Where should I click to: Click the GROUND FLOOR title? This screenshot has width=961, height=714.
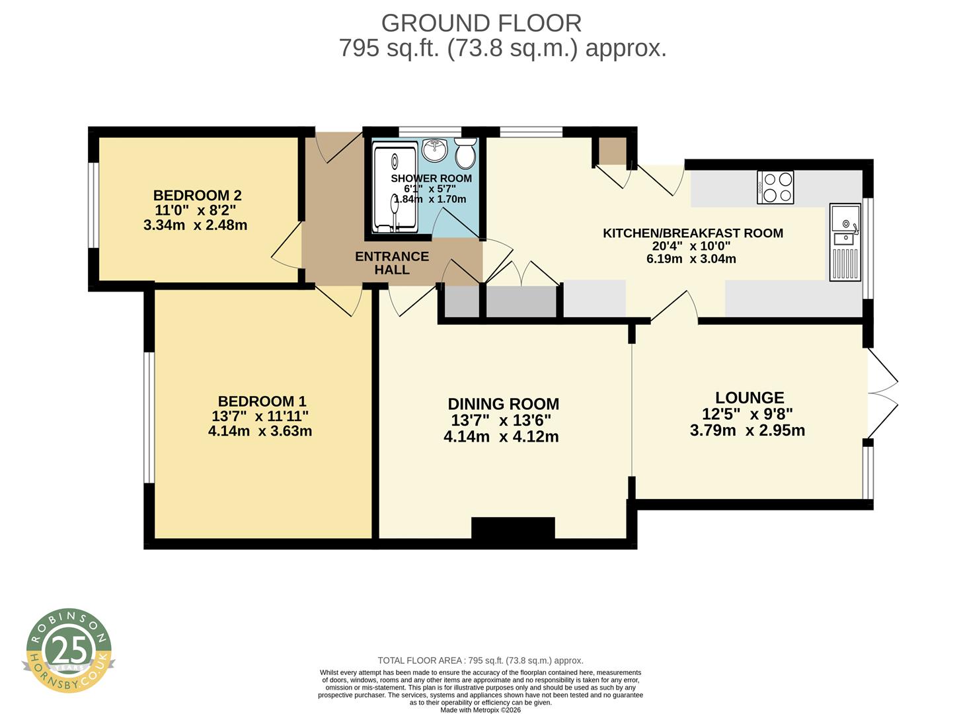(x=481, y=23)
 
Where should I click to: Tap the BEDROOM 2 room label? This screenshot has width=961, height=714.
(x=197, y=196)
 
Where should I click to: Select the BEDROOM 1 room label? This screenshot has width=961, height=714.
(x=262, y=401)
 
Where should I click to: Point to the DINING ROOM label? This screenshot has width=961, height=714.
(x=503, y=404)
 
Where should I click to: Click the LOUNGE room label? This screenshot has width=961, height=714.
(x=750, y=397)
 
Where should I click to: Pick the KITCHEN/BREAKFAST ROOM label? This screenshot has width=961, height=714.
(x=693, y=233)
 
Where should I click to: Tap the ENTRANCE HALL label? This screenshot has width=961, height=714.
(x=392, y=263)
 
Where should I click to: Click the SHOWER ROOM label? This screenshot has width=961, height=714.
(x=431, y=178)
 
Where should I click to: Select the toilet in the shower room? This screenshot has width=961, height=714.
(x=466, y=153)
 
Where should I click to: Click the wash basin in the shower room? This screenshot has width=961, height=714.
(x=435, y=149)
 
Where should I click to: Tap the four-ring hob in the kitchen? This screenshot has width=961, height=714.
(x=775, y=187)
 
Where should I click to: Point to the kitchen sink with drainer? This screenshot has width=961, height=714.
(x=846, y=241)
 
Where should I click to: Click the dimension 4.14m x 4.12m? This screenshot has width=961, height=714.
(x=501, y=437)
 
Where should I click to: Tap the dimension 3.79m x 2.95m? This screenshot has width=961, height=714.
(x=747, y=430)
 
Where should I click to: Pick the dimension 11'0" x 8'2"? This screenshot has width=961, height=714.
(x=195, y=211)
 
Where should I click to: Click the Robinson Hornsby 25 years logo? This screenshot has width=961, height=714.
(x=69, y=651)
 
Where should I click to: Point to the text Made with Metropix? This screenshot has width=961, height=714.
(x=480, y=710)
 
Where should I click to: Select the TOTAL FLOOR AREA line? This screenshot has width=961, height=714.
(x=480, y=660)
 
